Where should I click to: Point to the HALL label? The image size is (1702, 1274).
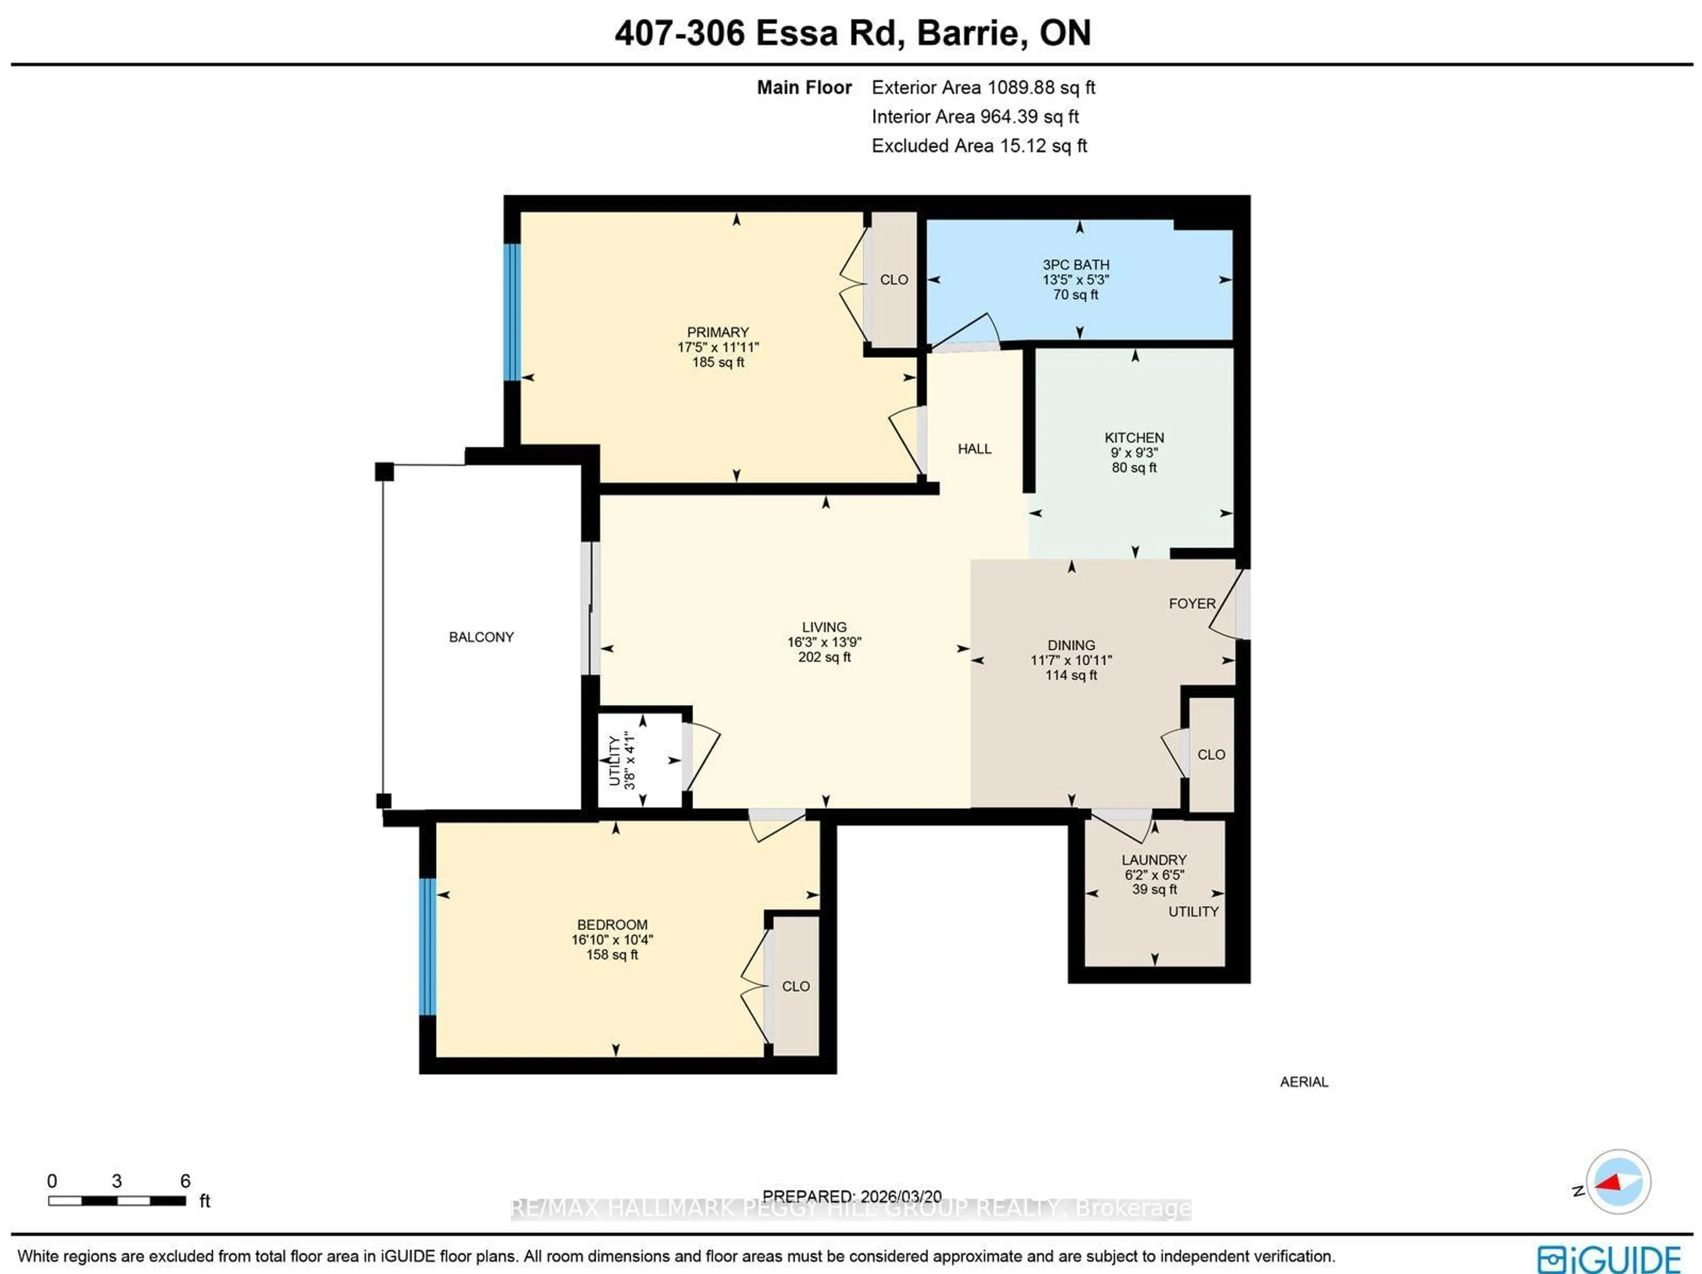click(974, 448)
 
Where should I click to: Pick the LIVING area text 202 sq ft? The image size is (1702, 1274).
click(824, 657)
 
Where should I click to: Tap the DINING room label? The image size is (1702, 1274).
click(1070, 646)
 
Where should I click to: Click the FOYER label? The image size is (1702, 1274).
click(1192, 604)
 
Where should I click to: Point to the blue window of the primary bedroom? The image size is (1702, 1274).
click(511, 312)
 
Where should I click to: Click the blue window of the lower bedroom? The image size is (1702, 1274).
click(427, 947)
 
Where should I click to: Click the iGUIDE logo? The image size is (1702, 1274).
click(1608, 1258)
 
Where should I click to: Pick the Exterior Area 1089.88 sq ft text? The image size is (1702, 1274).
click(983, 88)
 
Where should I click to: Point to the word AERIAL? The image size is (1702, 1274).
click(1304, 1082)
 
